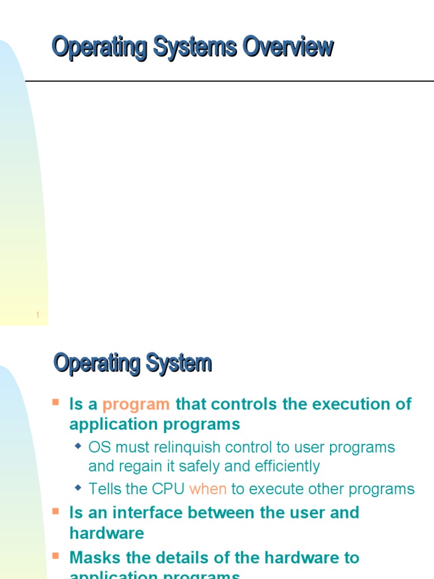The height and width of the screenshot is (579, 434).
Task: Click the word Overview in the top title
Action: click(288, 47)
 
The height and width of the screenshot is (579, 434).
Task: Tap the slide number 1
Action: click(37, 316)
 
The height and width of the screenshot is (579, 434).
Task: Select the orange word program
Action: click(136, 404)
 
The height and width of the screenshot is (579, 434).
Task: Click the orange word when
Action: click(208, 489)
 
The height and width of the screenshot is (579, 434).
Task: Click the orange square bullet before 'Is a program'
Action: click(56, 403)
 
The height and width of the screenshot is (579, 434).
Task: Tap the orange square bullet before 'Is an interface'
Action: click(56, 511)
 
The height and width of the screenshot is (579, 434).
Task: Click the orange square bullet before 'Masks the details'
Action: click(56, 556)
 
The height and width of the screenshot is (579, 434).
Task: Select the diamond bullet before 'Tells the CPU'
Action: click(79, 487)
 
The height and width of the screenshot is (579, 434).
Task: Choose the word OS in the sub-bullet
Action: click(99, 447)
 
